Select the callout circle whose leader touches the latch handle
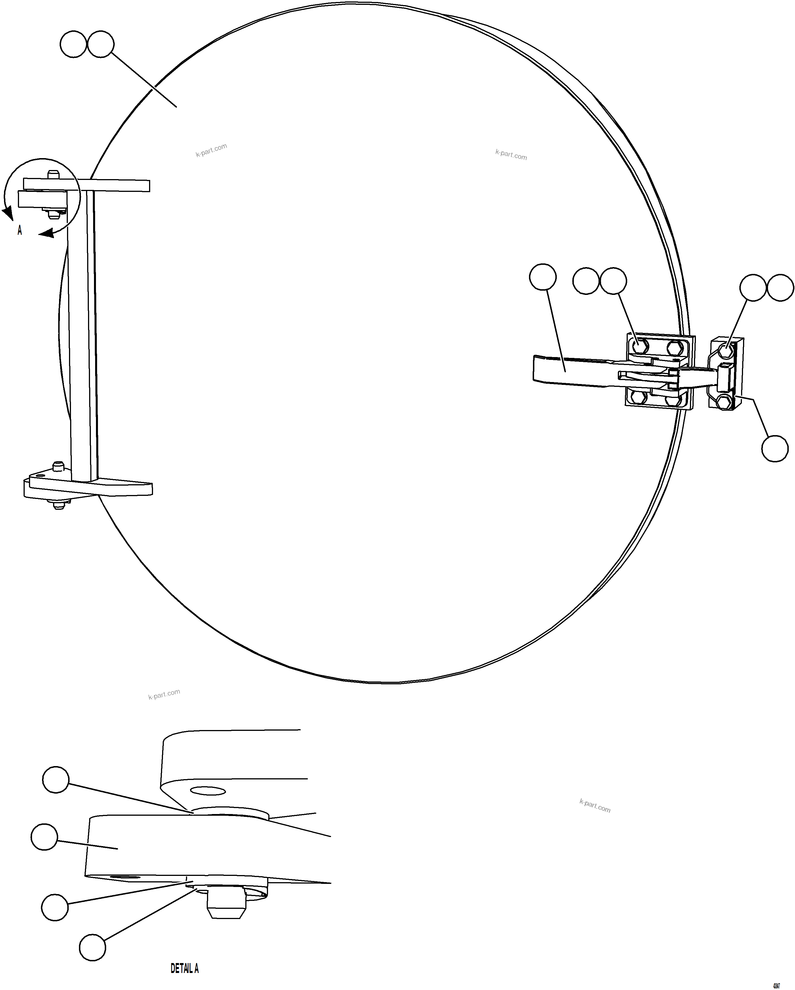(x=543, y=277)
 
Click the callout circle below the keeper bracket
(x=775, y=448)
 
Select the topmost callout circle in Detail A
(x=56, y=779)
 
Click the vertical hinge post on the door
(x=83, y=335)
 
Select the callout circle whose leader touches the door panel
(x=101, y=44)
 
